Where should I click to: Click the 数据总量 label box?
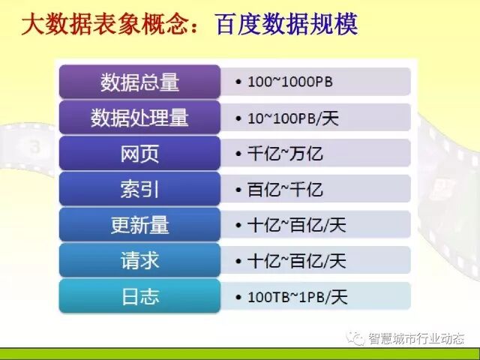pos(139,82)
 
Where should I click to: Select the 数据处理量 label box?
pos(139,118)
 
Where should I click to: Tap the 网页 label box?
pos(139,154)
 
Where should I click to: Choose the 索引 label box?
pos(139,189)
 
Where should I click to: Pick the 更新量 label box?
pos(139,225)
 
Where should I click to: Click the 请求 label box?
pos(139,261)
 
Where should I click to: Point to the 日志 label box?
pos(139,296)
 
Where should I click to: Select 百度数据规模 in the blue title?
pos(286,26)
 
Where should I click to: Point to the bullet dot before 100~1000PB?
pos(238,82)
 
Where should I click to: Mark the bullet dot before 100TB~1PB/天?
pos(238,297)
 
